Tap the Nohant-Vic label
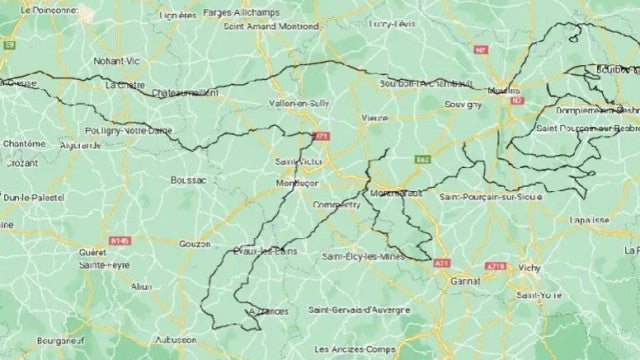[x=115, y=61]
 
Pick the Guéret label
[x=93, y=252]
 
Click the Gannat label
[x=465, y=282]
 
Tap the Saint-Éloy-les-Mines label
[x=363, y=257]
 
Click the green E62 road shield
[x=422, y=158]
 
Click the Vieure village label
[x=374, y=117]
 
